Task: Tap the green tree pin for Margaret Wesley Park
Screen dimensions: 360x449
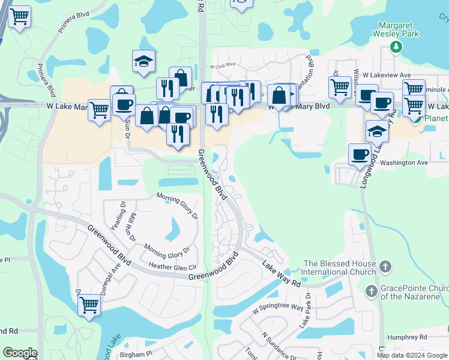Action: [x=395, y=47]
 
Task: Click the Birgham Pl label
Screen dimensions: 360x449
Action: [x=136, y=355]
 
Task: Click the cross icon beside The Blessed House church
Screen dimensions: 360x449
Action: [x=385, y=265]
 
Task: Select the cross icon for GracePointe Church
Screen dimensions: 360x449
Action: [x=372, y=290]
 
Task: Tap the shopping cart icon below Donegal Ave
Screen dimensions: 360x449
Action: [x=89, y=304]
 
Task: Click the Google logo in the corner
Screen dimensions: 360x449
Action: [x=20, y=353]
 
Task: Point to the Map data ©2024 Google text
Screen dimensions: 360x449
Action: [x=412, y=355]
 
